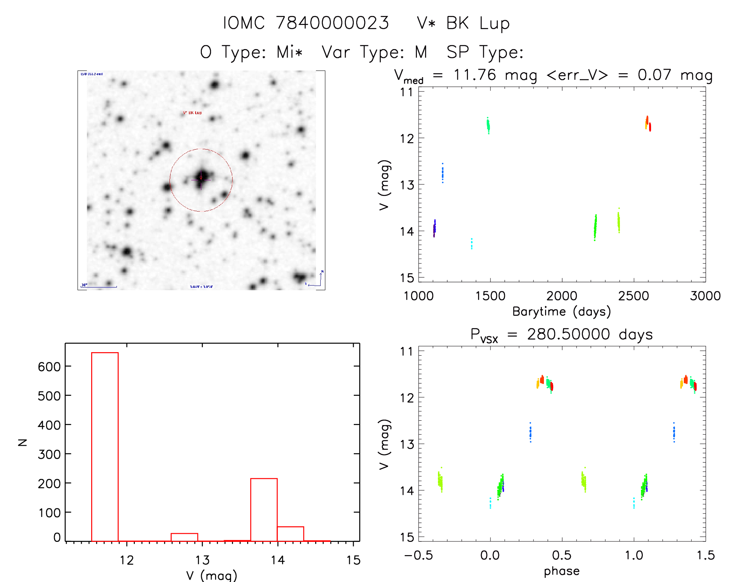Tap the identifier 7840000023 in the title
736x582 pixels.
pyautogui.click(x=332, y=23)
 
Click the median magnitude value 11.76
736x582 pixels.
pyautogui.click(x=475, y=75)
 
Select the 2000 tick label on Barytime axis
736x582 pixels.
pyautogui.click(x=562, y=296)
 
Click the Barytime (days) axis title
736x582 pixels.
pyautogui.click(x=561, y=312)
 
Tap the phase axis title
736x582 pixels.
pyautogui.click(x=561, y=571)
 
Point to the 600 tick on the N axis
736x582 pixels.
pyautogui.click(x=49, y=367)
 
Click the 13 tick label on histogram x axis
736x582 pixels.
pyautogui.click(x=202, y=560)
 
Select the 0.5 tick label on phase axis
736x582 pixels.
pyautogui.click(x=562, y=555)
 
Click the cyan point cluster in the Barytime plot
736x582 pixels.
pyautogui.click(x=471, y=243)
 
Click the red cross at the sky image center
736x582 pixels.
pyautogui.click(x=201, y=178)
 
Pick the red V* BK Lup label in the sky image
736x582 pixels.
pyautogui.click(x=192, y=113)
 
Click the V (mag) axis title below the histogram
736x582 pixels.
pyautogui.click(x=212, y=575)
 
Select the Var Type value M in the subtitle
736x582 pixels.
pyautogui.click(x=421, y=52)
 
